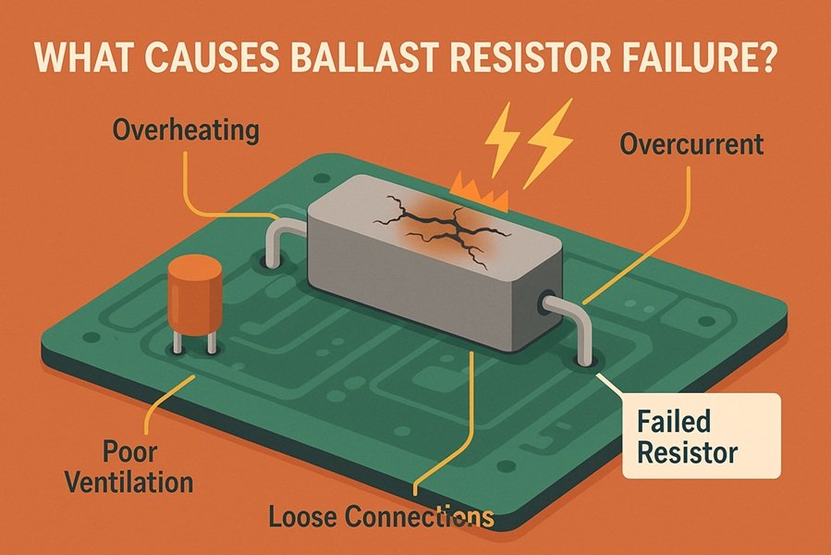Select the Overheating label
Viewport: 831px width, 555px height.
[184, 130]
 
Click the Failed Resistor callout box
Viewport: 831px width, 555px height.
[701, 438]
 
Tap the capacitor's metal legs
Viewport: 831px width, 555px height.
[193, 341]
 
